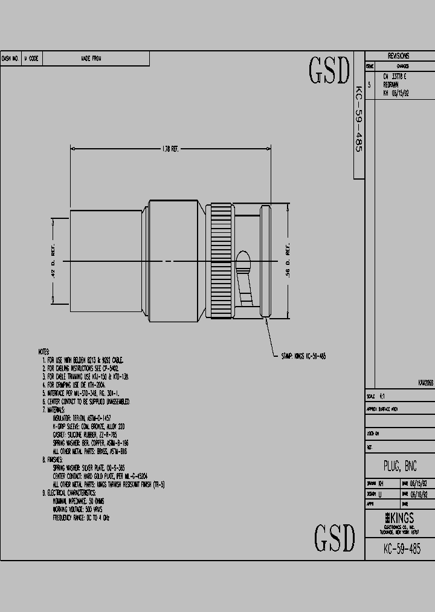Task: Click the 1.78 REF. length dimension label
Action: point(171,149)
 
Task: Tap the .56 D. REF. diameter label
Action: point(288,261)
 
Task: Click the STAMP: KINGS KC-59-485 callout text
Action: point(303,357)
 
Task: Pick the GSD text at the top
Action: point(329,71)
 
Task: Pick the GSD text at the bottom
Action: point(334,537)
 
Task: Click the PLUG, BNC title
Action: point(399,466)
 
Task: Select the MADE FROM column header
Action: point(91,59)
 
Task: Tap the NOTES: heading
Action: point(43,351)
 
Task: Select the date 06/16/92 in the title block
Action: point(420,493)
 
